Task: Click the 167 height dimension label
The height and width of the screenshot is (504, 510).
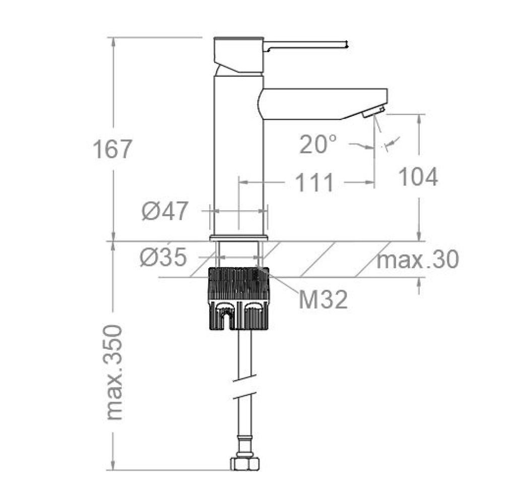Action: click(x=112, y=149)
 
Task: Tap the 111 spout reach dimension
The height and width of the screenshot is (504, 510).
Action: click(x=314, y=182)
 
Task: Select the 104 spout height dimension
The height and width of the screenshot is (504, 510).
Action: click(x=418, y=177)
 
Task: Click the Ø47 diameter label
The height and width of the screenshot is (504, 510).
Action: click(x=165, y=211)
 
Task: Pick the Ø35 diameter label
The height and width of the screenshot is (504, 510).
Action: click(x=164, y=257)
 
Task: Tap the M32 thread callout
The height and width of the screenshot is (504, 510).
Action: click(x=323, y=300)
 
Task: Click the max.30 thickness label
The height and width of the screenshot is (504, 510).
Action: click(x=418, y=260)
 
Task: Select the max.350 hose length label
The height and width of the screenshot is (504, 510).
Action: click(x=114, y=372)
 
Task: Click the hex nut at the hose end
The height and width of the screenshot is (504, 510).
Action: click(x=245, y=464)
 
